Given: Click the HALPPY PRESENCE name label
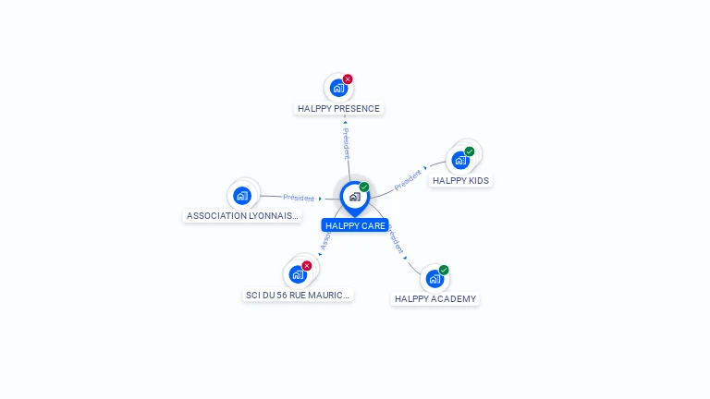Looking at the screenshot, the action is pos(338,108).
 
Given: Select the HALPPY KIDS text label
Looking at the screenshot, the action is pos(460,180).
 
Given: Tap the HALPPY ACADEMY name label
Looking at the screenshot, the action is pos(435,298).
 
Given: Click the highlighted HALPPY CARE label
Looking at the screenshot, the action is pos(355,225).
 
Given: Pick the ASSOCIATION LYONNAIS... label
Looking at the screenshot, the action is pos(243,215).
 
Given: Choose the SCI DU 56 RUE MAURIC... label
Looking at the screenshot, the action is pos(298,295).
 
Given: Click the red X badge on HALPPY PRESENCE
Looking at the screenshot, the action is pos(348,79).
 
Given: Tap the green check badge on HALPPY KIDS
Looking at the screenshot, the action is pos(470,151).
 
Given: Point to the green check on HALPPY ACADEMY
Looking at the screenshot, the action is pos(444,270).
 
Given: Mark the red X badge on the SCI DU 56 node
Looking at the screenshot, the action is pos(307,266).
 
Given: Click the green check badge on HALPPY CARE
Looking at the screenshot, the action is pos(364,187).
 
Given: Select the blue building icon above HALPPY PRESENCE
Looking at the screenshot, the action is pos(337,89).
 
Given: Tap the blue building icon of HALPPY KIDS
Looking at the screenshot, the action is pos(459,161).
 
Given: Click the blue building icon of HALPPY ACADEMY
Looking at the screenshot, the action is pos(435,279).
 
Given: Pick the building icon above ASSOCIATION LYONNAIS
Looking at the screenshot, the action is pos(242,195).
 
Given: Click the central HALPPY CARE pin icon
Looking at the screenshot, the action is pos(354,197).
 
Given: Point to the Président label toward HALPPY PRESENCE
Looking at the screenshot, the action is pos(346,143).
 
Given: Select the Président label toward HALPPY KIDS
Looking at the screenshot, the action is pos(408,179).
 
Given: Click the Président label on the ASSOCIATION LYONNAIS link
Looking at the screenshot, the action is pos(299,198).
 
